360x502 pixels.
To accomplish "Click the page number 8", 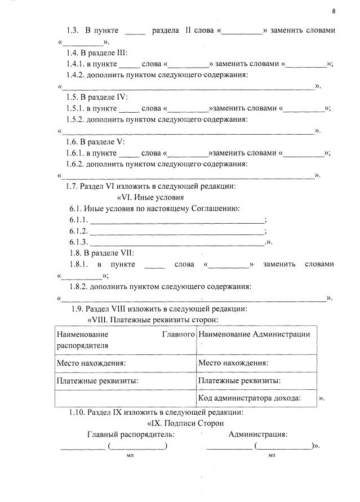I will coord(334,11).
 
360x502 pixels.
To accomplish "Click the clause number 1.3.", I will coord(73,30).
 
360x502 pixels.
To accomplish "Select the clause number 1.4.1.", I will coord(76,64).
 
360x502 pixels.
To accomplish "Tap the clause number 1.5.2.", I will coord(76,119).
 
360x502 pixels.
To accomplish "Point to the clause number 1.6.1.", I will coord(76,153).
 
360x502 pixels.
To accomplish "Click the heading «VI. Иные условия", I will coord(150,197).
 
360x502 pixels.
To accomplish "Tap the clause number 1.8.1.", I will coord(76,264).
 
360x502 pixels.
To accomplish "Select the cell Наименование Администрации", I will coord(255,334).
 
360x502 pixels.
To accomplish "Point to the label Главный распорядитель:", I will coord(130,434).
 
